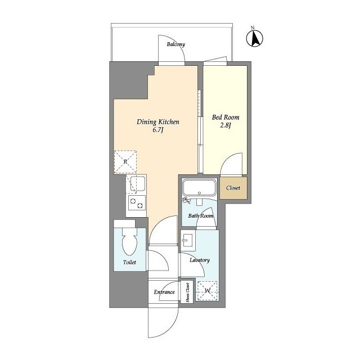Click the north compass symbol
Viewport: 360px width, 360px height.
click(x=255, y=38)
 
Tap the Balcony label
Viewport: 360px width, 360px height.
click(x=176, y=44)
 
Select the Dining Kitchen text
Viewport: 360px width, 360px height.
click(x=158, y=121)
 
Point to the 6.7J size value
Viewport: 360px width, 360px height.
click(x=157, y=130)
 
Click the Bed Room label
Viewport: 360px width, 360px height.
click(x=226, y=118)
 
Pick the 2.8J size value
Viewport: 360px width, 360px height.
click(x=226, y=125)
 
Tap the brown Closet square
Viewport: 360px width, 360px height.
click(x=233, y=188)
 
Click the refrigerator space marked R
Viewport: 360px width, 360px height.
click(x=125, y=162)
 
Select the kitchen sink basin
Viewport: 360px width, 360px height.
click(x=137, y=183)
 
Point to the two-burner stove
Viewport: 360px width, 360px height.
click(x=137, y=202)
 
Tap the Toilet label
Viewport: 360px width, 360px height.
click(x=129, y=262)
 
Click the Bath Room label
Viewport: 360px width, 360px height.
click(x=200, y=216)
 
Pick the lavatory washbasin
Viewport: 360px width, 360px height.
click(x=188, y=240)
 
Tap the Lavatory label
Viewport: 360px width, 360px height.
click(x=200, y=260)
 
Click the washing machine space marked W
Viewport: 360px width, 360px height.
click(x=208, y=291)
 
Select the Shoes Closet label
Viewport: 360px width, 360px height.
click(x=187, y=292)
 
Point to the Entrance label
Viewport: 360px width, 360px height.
click(x=164, y=292)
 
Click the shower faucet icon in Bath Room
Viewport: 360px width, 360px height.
click(x=186, y=200)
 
